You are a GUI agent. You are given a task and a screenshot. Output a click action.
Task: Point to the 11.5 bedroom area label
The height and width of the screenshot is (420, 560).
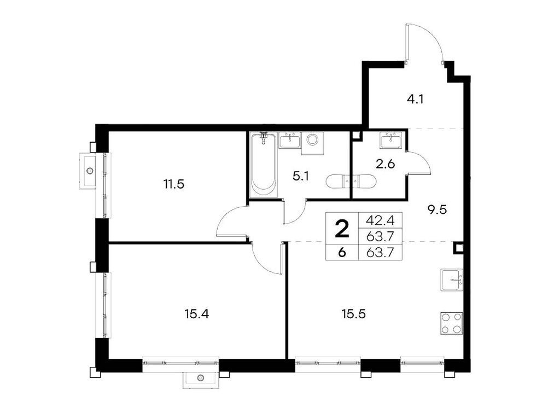(173, 184)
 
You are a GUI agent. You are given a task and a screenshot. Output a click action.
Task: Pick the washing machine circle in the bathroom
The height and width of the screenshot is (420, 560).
(313, 139)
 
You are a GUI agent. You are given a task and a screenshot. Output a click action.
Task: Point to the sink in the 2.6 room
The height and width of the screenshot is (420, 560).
(391, 141)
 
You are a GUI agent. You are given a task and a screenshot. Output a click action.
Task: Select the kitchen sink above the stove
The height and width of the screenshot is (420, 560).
(452, 280)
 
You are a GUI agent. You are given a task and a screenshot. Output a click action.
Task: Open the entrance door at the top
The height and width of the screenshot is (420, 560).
(424, 44)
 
